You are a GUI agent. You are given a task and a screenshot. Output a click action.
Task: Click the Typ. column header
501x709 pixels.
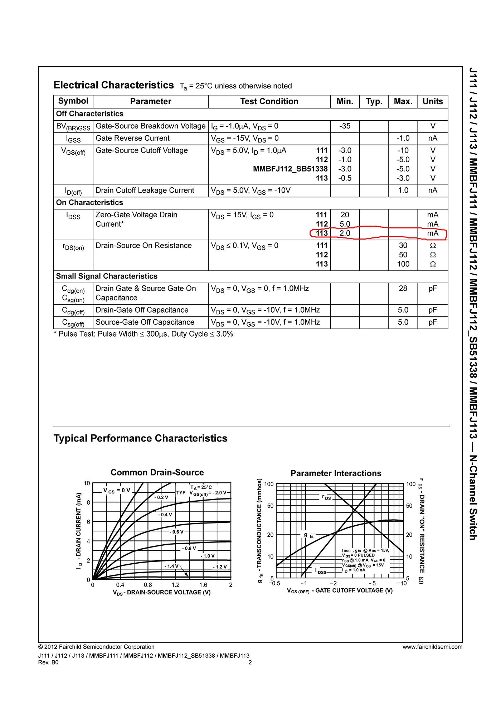coord(374,102)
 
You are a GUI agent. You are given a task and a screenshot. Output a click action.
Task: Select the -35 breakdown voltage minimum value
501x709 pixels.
coord(345,126)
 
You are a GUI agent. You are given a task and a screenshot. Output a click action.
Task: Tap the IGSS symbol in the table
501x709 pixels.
coord(73,139)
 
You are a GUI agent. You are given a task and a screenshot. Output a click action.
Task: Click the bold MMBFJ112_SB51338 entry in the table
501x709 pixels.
coord(290,169)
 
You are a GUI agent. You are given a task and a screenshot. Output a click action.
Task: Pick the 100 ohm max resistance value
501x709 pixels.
coord(403,264)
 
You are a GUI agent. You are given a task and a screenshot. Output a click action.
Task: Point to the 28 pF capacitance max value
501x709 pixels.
coord(403,289)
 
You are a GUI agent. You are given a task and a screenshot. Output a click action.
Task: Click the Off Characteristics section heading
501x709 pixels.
coord(90,114)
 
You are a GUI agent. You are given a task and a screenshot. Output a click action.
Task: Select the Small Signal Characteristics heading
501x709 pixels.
coord(107,276)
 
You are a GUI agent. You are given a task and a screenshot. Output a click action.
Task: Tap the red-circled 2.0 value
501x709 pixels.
coord(345,233)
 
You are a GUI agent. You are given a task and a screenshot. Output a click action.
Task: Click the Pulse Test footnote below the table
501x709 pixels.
coord(144,334)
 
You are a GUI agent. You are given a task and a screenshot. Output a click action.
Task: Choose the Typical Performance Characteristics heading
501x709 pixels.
coord(140,439)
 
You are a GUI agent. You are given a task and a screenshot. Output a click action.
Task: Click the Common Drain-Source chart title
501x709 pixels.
coord(157,473)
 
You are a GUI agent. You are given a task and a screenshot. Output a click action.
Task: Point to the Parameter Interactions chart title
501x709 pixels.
coord(336,473)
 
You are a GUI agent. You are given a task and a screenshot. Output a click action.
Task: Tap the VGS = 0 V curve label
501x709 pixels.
coord(117,491)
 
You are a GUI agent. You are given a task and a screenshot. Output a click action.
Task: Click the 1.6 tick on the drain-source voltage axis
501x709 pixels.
coord(203,585)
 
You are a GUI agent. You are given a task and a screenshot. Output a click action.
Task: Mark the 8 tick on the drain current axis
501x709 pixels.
coord(88,502)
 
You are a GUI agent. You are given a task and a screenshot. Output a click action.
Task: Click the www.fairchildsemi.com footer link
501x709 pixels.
coord(432,647)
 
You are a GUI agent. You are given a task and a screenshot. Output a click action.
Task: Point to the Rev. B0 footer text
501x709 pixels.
coord(48,662)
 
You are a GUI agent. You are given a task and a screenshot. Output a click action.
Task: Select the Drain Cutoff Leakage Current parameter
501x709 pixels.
coord(145,190)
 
